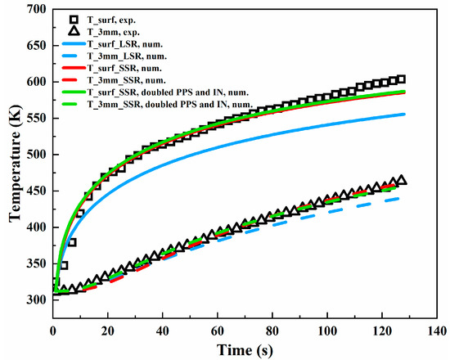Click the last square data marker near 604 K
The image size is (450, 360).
401,79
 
